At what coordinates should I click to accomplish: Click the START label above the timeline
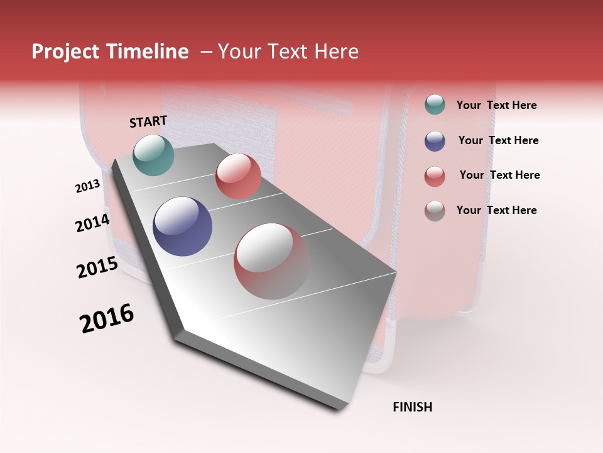click(x=148, y=121)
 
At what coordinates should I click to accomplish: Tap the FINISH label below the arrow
click(x=412, y=407)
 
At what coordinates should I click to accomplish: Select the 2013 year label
click(x=87, y=186)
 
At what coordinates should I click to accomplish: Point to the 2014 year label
click(x=92, y=223)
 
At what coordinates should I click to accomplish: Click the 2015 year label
click(x=97, y=267)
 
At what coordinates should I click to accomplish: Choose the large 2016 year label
click(x=107, y=318)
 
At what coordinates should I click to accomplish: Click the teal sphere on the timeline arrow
click(x=154, y=155)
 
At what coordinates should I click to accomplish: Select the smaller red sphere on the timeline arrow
click(x=238, y=176)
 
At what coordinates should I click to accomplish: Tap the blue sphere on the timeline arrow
click(x=183, y=226)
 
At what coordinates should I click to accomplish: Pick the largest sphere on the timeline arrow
click(x=272, y=261)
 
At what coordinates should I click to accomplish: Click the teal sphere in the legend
click(x=435, y=105)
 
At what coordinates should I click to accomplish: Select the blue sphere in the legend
click(x=435, y=141)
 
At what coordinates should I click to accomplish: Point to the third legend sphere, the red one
click(x=435, y=176)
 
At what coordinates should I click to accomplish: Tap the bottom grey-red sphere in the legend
click(x=435, y=211)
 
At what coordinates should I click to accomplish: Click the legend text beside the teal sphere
click(x=496, y=106)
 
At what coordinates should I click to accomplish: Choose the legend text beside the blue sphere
click(x=498, y=140)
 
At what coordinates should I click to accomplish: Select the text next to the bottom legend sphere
click(x=496, y=210)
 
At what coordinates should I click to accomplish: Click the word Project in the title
click(x=66, y=52)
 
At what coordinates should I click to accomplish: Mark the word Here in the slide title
click(x=336, y=52)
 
